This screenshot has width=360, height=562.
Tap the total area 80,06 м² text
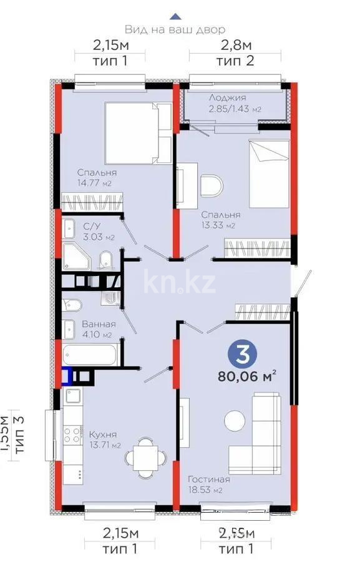coord(247,376)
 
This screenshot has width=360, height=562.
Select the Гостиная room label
coord(209,479)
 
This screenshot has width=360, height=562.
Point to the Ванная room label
coord(99,324)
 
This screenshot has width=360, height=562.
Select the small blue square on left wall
coord(66,377)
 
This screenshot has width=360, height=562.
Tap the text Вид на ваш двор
coord(175,29)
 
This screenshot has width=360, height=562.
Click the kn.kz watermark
coord(180,283)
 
